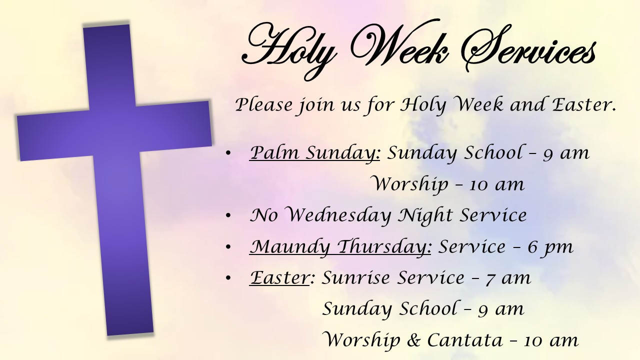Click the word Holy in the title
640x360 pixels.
pos(288,48)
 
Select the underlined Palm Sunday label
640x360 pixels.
pos(315,153)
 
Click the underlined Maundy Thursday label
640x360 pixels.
pos(340,247)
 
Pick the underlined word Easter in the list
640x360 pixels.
pos(279,277)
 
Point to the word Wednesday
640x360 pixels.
pos(339,215)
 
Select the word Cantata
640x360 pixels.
pos(465,340)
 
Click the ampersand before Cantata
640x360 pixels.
pos(414,340)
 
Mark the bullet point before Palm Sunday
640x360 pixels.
pos(228,153)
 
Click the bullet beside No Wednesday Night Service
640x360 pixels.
pos(228,216)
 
